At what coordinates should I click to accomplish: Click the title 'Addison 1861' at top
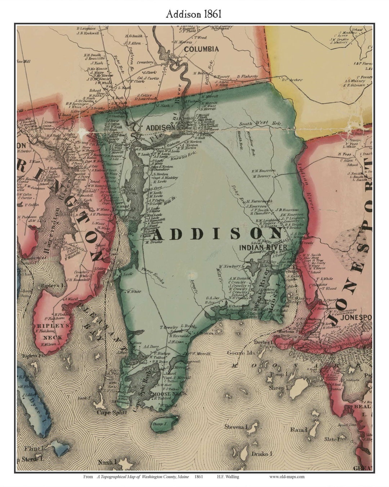coord(194,14)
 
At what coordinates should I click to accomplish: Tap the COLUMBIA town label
coord(201,49)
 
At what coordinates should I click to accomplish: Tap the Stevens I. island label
coord(237,427)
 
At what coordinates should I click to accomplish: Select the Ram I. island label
coord(299,430)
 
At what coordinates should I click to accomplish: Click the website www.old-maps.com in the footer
coord(287,477)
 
